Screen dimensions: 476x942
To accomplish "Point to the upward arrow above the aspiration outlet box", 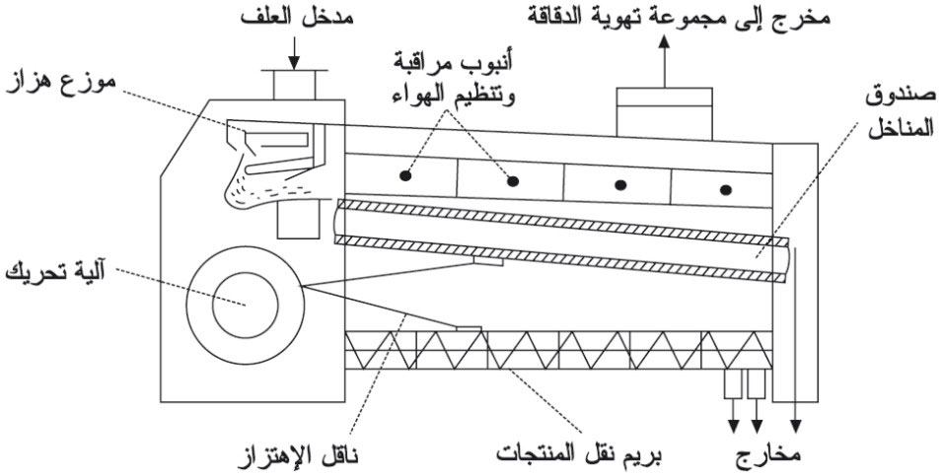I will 664,65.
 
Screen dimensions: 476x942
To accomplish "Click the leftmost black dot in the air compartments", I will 405,175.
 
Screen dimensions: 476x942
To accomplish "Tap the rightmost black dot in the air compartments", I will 727,188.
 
